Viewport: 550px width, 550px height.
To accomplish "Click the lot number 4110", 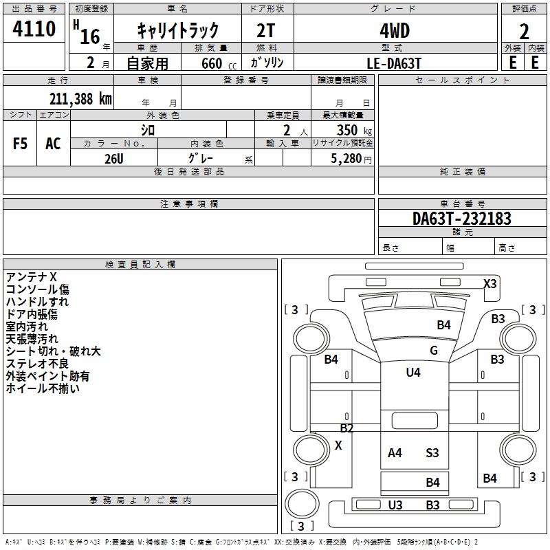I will point(34,30).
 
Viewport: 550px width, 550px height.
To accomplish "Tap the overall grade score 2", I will point(525,32).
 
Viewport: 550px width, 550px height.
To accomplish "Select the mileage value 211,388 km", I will point(80,99).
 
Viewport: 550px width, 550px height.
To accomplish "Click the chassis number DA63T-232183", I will point(462,219).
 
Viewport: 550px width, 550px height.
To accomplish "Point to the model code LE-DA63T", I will point(394,63).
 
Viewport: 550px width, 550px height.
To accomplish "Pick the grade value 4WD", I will point(394,31).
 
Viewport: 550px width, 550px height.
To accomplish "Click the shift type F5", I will point(20,144).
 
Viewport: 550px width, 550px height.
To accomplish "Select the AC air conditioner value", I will point(53,144).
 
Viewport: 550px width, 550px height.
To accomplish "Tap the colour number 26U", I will point(113,158).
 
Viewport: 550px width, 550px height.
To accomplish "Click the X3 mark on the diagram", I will point(489,283).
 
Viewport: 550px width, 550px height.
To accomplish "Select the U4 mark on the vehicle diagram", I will point(412,373).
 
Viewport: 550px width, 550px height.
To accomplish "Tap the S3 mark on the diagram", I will point(432,453).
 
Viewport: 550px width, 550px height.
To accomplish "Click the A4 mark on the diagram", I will point(395,453).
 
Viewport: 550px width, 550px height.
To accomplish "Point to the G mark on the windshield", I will point(433,351).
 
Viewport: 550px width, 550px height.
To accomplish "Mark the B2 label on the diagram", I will point(346,428).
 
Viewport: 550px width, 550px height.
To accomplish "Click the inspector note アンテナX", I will point(31,277).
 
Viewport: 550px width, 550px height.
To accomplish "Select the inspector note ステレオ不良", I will point(37,364).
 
